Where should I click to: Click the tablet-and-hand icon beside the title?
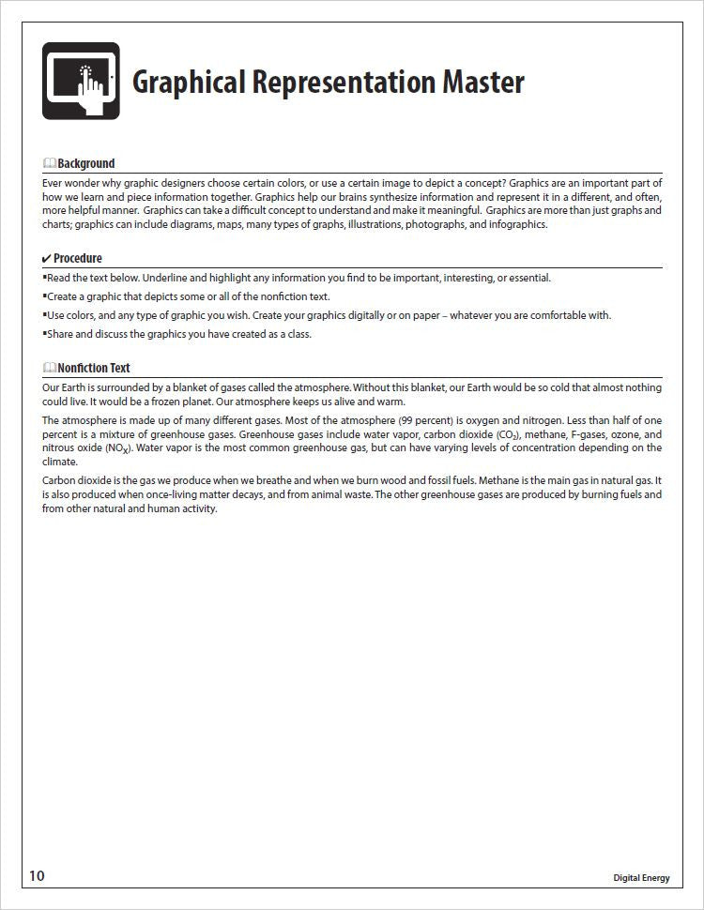coord(81,81)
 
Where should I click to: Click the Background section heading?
coord(85,163)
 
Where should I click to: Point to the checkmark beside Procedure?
coord(47,258)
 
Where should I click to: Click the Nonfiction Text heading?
coord(93,368)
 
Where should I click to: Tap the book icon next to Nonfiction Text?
coord(49,368)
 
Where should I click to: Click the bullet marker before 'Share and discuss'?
coord(44,333)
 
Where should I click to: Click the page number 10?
coord(37,876)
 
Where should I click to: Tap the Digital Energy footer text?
coord(641,878)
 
